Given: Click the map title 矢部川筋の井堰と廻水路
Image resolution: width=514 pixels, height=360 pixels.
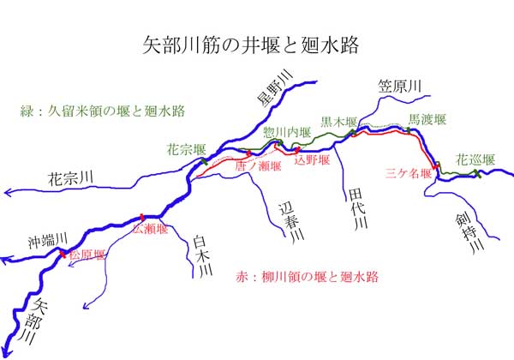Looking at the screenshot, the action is click(x=256, y=45).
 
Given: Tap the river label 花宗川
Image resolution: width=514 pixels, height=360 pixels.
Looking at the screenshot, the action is click(x=70, y=179).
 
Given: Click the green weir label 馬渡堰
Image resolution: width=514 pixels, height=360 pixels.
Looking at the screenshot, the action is click(x=426, y=118).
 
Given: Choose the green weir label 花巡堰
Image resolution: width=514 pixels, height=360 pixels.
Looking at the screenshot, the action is click(x=475, y=159).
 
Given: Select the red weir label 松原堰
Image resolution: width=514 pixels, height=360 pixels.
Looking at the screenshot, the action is click(x=87, y=255).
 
